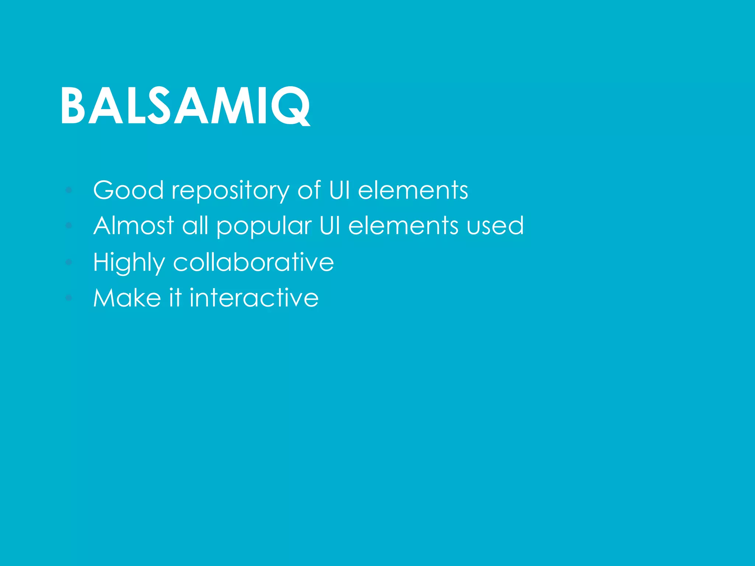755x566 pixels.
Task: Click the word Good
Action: point(128,190)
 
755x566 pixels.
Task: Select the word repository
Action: point(230,191)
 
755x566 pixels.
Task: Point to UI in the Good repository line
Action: point(339,190)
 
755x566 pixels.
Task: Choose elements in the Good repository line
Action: point(413,190)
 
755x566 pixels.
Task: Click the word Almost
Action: point(133,226)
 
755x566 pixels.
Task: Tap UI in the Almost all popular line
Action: point(330,226)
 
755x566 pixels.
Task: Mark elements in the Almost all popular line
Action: point(403,226)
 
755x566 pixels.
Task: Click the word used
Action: point(495,226)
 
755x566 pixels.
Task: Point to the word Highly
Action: point(129,262)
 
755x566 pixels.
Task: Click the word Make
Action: point(127,298)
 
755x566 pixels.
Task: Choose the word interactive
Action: point(254,298)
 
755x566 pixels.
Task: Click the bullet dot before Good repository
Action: point(69,190)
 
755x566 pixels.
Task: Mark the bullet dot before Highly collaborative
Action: point(69,262)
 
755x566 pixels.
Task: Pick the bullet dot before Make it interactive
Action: point(69,297)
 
